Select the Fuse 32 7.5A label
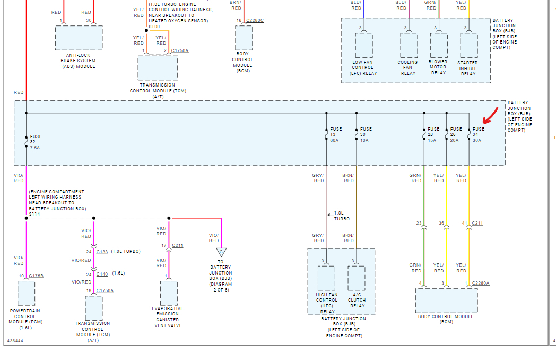[35, 142]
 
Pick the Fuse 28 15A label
[433, 134]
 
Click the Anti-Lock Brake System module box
[79, 38]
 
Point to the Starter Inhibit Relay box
[468, 46]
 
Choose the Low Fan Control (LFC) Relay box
[363, 46]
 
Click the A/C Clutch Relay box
[357, 278]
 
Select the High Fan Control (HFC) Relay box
[326, 278]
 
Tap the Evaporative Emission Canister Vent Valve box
[169, 292]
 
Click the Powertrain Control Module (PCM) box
[26, 293]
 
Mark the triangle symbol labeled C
[221, 252]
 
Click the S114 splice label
[35, 214]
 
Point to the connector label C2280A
[481, 284]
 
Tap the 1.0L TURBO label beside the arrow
[342, 216]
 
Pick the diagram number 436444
[15, 341]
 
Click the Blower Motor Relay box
[438, 46]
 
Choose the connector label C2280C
[255, 20]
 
